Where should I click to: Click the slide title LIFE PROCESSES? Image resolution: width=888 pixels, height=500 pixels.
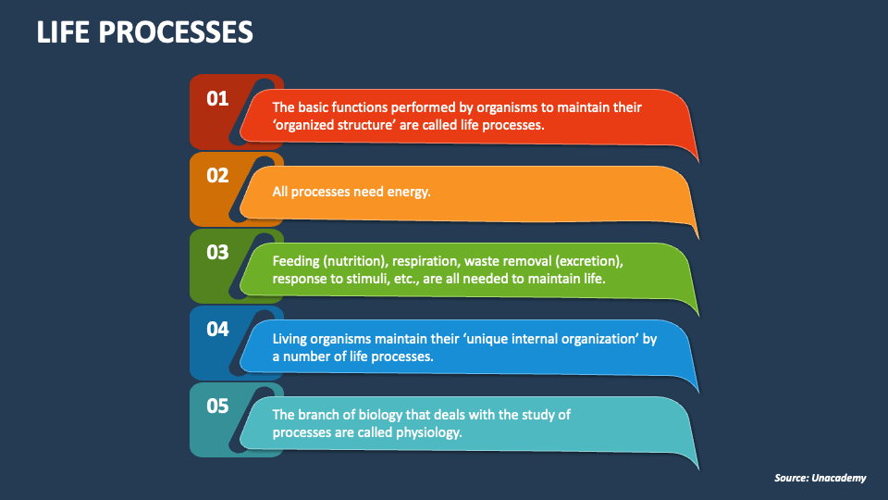pyautogui.click(x=144, y=31)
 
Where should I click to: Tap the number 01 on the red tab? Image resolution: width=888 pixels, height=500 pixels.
pyautogui.click(x=217, y=99)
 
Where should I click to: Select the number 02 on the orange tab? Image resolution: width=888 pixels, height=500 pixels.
pyautogui.click(x=217, y=176)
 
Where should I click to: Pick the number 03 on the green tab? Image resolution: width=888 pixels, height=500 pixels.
pyautogui.click(x=217, y=252)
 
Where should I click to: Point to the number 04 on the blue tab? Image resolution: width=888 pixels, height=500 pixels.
pyautogui.click(x=217, y=330)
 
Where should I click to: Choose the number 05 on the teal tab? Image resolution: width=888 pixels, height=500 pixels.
pyautogui.click(x=217, y=406)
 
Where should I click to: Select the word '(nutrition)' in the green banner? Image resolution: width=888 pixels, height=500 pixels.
pyautogui.click(x=354, y=261)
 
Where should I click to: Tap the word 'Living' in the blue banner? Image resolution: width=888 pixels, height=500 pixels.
pyautogui.click(x=290, y=339)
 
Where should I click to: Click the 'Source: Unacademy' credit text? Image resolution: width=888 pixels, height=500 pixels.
pyautogui.click(x=820, y=478)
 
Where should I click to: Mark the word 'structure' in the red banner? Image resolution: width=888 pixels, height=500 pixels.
pyautogui.click(x=366, y=125)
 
